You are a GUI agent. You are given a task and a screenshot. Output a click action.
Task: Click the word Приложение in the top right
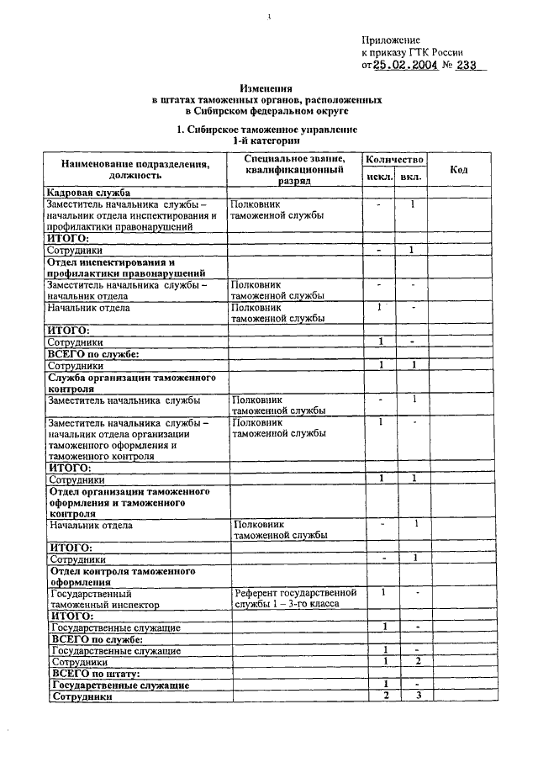click(x=391, y=40)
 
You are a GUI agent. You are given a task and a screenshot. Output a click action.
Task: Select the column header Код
click(x=459, y=169)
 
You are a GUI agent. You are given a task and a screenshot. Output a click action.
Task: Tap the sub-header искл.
click(x=379, y=177)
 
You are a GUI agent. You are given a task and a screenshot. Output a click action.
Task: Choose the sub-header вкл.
click(x=411, y=177)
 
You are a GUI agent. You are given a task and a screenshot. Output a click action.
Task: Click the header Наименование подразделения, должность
click(x=134, y=169)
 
